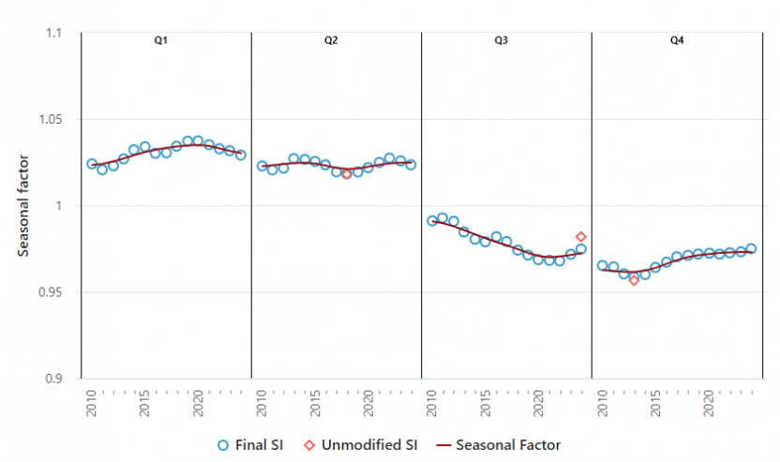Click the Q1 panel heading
[x=161, y=41]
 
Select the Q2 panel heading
[x=332, y=41]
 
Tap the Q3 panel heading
[x=502, y=41]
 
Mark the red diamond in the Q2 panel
[x=347, y=173]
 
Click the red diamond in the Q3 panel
[x=580, y=237]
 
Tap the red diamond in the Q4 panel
[x=634, y=280]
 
